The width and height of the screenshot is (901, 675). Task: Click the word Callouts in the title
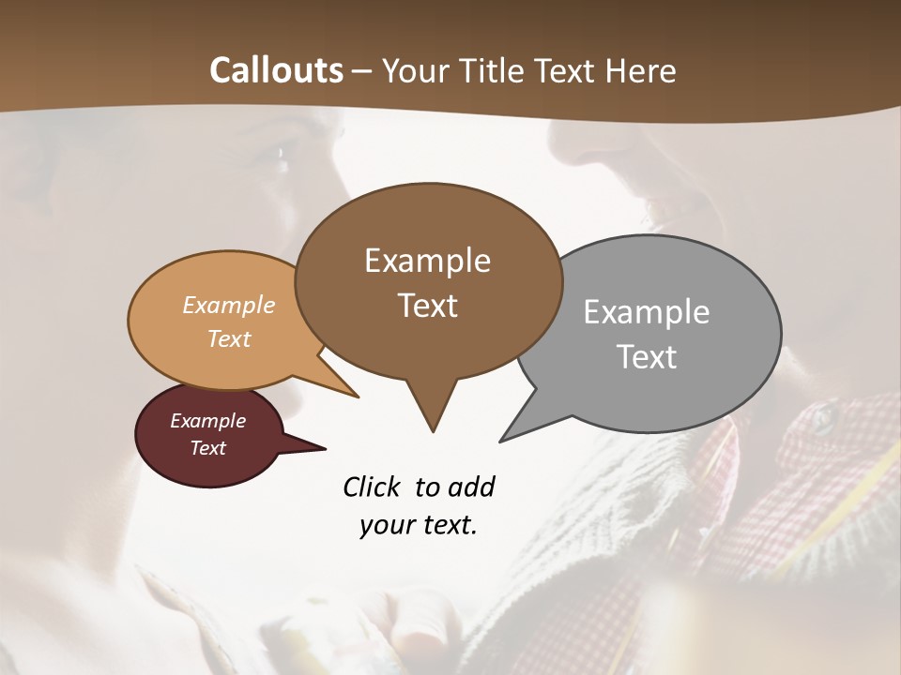click(x=276, y=70)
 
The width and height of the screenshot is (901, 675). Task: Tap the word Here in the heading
click(x=641, y=70)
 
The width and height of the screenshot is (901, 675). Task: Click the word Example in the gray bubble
click(x=646, y=312)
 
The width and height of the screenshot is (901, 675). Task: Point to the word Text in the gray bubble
click(x=647, y=357)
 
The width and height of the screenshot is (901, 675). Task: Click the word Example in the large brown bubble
click(x=427, y=261)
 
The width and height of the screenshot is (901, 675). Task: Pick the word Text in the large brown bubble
click(x=427, y=306)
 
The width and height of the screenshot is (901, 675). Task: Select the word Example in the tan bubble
click(x=228, y=306)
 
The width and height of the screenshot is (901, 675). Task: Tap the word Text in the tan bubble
click(x=228, y=338)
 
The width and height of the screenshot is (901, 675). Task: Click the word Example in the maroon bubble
click(x=207, y=421)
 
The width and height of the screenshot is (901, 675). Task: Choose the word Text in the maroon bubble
click(x=207, y=448)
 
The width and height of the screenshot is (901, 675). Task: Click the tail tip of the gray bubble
click(x=502, y=440)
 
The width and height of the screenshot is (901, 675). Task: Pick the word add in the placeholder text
click(x=471, y=487)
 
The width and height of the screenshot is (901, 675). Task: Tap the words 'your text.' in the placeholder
click(x=418, y=526)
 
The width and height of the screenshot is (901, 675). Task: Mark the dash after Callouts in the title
click(x=362, y=70)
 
